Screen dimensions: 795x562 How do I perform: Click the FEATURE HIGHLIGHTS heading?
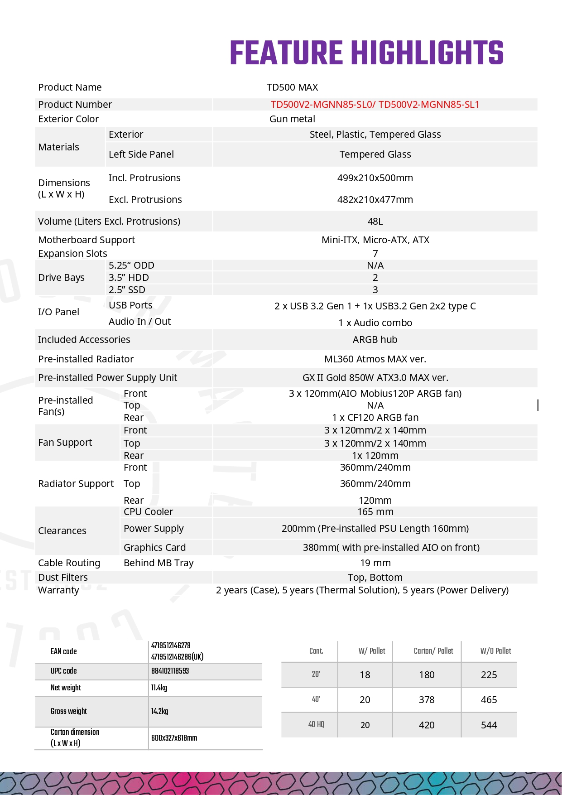[366, 53]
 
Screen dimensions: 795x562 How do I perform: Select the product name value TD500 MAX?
[292, 87]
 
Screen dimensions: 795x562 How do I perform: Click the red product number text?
[375, 105]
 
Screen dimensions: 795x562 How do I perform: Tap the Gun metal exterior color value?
[292, 119]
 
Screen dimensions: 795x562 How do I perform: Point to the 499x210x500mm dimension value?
[375, 178]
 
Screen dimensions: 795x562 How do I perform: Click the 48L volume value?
[375, 222]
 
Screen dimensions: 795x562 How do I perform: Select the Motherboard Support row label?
[86, 240]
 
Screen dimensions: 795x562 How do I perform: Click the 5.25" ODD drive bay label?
[131, 265]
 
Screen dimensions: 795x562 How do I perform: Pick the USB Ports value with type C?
[375, 306]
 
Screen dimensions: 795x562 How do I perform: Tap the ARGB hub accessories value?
[375, 340]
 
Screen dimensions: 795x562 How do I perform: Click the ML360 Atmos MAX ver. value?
[375, 359]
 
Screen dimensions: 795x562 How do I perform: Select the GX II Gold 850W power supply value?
[375, 378]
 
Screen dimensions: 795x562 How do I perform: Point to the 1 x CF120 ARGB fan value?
[375, 418]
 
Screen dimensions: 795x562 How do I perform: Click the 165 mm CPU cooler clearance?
[375, 512]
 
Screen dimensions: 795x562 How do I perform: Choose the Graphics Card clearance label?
[154, 548]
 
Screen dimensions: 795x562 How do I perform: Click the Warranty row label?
[58, 590]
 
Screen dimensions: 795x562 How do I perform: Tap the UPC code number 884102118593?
[170, 671]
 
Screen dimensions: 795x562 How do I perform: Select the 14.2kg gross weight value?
[159, 711]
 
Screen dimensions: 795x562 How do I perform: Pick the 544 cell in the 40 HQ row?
[489, 725]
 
